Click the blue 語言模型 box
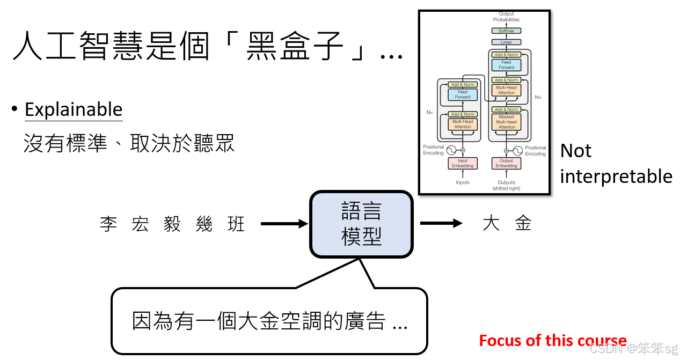click(x=361, y=224)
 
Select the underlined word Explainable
click(x=74, y=109)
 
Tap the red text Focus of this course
click(x=552, y=341)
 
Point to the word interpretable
click(x=616, y=176)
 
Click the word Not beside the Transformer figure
click(x=575, y=151)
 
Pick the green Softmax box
click(x=506, y=31)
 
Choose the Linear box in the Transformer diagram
click(x=506, y=42)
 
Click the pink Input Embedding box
click(x=463, y=163)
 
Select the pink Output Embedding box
click(x=506, y=163)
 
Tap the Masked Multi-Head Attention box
click(x=506, y=122)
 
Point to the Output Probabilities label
click(x=506, y=17)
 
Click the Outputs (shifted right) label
click(x=506, y=185)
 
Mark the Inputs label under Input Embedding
click(x=463, y=182)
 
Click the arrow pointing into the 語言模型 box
click(x=284, y=224)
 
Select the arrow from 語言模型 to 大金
click(x=441, y=224)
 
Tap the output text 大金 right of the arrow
click(x=507, y=224)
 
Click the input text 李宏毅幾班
click(x=172, y=224)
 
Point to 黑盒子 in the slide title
click(x=295, y=47)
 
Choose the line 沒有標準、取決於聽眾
click(x=129, y=144)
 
